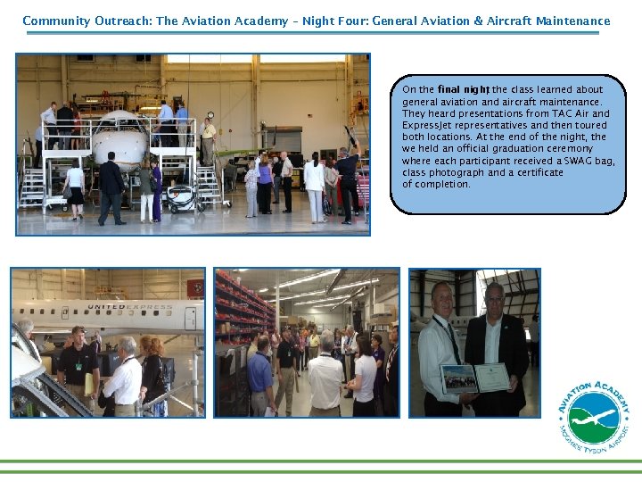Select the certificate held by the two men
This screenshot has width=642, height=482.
(x=491, y=378)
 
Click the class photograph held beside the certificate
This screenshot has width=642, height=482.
(x=458, y=379)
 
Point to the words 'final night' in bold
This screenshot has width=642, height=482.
(x=464, y=90)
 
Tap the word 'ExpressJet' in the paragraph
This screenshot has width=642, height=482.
(x=424, y=126)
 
